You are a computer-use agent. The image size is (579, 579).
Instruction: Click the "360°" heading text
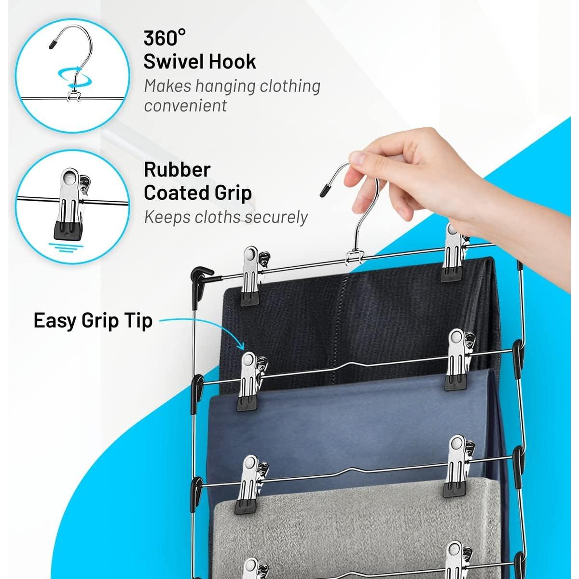pos(165,38)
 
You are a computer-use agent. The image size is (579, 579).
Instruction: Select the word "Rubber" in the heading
pos(177,170)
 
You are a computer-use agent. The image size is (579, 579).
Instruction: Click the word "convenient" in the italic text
pos(185,106)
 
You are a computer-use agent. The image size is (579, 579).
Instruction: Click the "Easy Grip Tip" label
pos(93,321)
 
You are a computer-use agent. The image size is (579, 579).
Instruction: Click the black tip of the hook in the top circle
pos(53,44)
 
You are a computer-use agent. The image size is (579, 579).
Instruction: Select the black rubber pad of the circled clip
pos(69,230)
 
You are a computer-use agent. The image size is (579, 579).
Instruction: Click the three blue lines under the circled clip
pos(67,248)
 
